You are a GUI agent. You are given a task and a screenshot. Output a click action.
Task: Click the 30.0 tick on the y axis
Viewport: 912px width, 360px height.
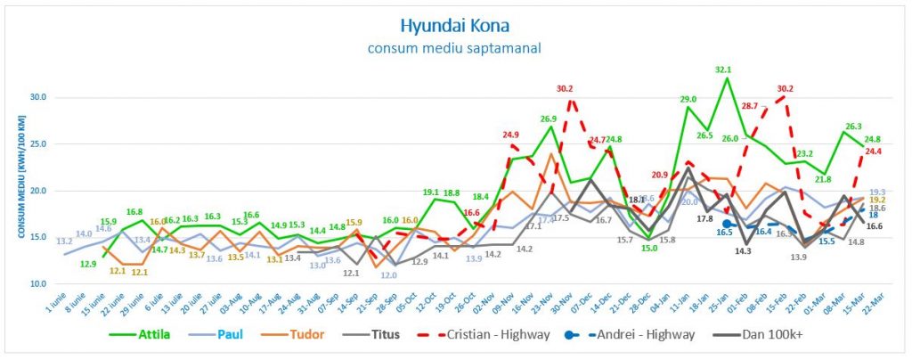pyautogui.click(x=37, y=97)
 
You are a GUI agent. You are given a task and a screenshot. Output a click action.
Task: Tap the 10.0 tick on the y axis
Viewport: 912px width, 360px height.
pyautogui.click(x=37, y=283)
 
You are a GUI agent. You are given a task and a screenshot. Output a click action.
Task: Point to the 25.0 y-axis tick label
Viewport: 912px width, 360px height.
pyautogui.click(x=37, y=143)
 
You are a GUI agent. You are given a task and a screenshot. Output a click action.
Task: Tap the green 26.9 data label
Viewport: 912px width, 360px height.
pyautogui.click(x=549, y=119)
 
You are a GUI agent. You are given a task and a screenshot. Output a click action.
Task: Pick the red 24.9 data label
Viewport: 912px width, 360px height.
pyautogui.click(x=510, y=135)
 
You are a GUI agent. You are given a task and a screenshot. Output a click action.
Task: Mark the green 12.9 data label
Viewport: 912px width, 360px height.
pyautogui.click(x=88, y=264)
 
